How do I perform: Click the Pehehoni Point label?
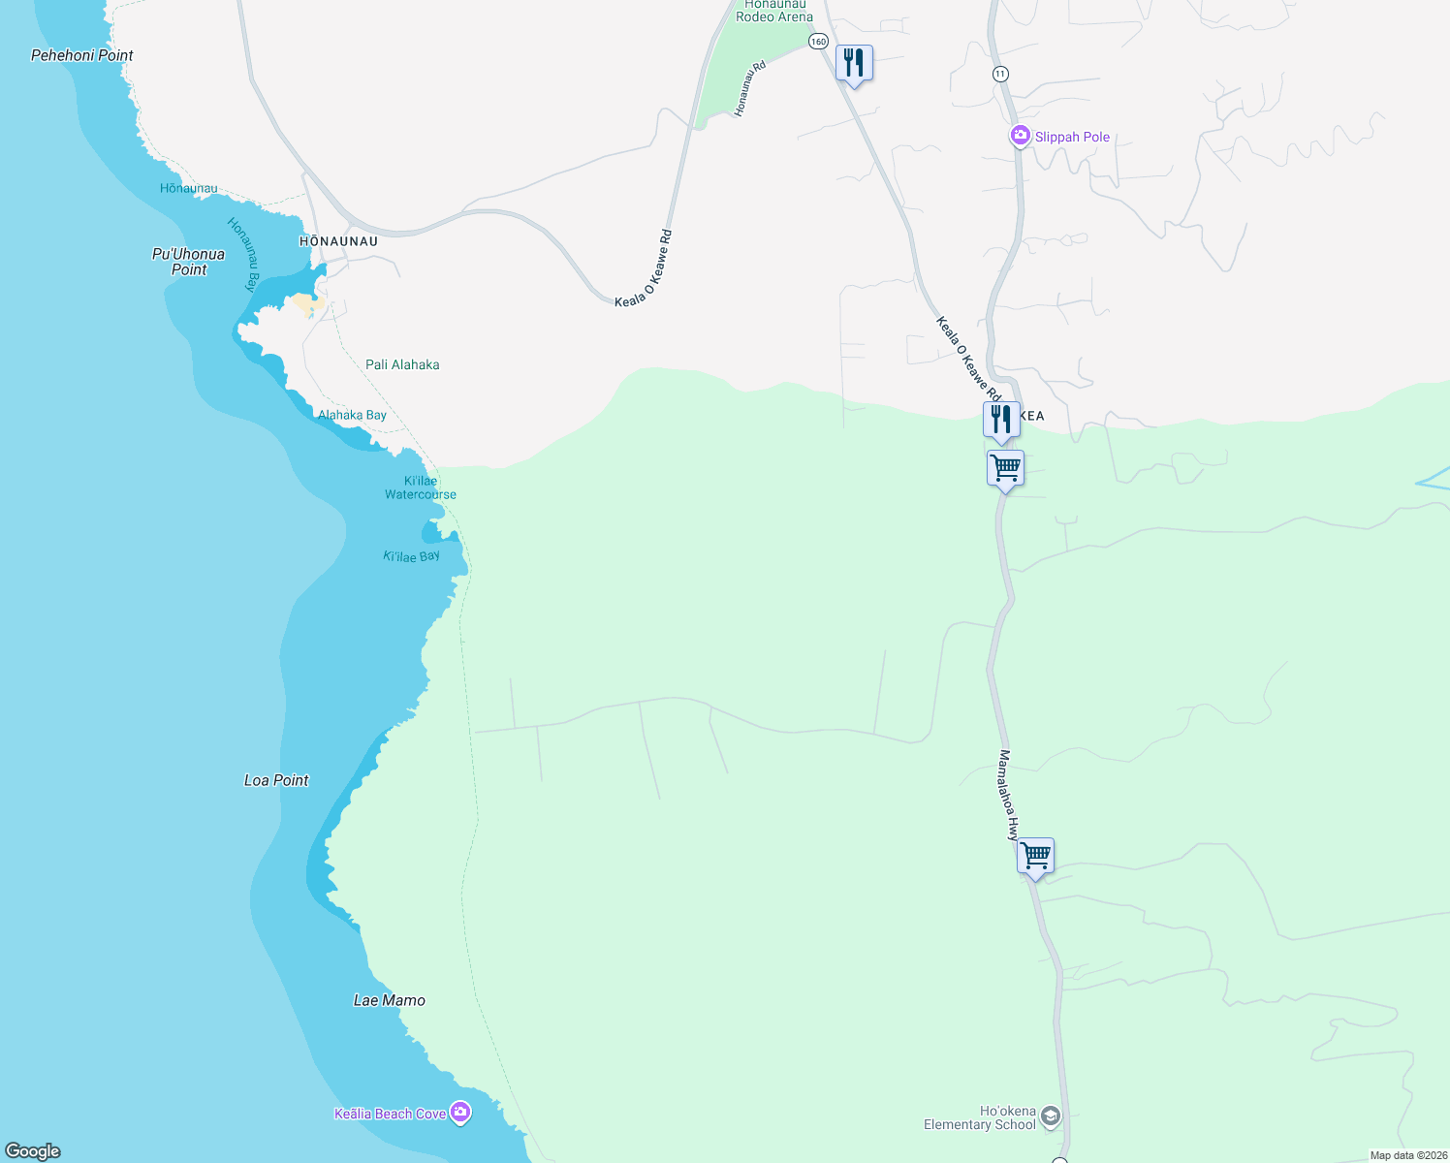(x=82, y=55)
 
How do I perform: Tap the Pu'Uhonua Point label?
(x=188, y=262)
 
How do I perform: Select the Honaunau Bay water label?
(x=243, y=254)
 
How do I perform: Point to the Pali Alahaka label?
(x=402, y=364)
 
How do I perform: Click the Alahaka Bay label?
(x=352, y=415)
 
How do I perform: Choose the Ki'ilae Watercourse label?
(x=421, y=487)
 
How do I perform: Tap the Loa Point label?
(x=276, y=780)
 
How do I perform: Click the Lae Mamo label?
(x=390, y=1000)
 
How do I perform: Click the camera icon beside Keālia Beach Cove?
(x=461, y=1113)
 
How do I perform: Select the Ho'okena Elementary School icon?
(x=1051, y=1118)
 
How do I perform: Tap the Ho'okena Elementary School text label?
(x=980, y=1118)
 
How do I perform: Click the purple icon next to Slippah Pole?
(x=1020, y=137)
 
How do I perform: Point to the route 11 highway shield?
(x=1000, y=74)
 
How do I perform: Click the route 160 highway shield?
(x=819, y=41)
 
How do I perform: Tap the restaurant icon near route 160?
(x=853, y=64)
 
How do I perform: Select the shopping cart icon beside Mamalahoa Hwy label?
(x=1035, y=856)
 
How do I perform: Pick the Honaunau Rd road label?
(x=750, y=89)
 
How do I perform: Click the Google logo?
(x=33, y=1151)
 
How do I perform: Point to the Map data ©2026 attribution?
(x=1408, y=1155)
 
